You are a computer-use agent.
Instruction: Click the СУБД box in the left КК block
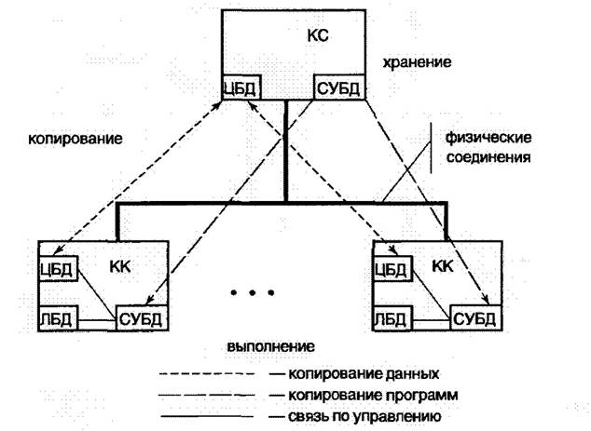(141, 322)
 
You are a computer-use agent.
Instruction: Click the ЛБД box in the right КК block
(392, 322)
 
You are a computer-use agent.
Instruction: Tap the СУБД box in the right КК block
(475, 322)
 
